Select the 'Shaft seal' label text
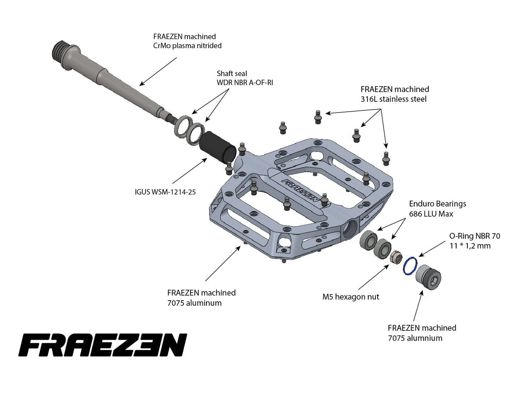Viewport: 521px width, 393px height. pos(232,73)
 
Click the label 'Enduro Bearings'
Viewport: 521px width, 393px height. pos(437,204)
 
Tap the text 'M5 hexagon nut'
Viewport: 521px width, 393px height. pos(350,297)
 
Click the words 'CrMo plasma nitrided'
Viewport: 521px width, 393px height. pos(187,46)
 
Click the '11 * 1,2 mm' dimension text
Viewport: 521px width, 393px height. pos(470,246)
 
